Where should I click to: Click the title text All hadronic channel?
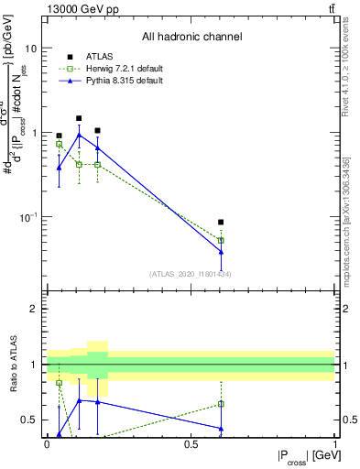191,38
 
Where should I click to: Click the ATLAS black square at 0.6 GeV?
221,222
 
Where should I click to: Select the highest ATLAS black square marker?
79,118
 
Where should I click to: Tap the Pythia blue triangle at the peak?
79,135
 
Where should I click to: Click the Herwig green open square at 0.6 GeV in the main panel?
221,241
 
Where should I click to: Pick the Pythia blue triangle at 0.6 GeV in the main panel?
221,252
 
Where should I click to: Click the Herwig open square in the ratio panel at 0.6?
221,403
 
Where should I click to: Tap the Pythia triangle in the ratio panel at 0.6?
221,428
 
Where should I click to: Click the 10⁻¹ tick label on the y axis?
29,217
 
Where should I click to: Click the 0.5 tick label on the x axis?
191,443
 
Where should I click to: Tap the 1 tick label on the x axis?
334,443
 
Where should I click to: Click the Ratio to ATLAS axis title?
12,365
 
